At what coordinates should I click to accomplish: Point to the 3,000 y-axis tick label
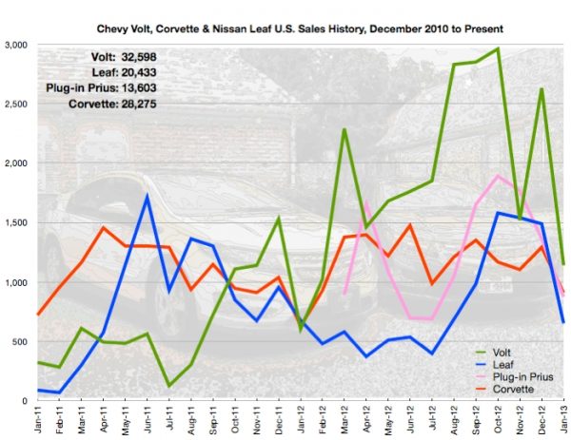(x=17, y=45)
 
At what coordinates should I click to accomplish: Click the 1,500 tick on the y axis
(x=17, y=223)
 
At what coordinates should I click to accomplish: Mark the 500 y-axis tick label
(x=21, y=342)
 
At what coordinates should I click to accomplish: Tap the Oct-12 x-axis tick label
(x=497, y=419)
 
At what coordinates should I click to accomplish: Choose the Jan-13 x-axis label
(x=562, y=419)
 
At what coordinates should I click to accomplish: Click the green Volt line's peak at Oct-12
(x=497, y=48)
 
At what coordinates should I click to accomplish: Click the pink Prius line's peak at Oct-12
(x=497, y=176)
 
